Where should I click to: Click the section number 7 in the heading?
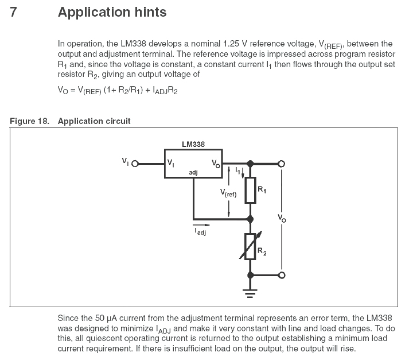(x=13, y=12)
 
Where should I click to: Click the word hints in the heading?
(x=150, y=12)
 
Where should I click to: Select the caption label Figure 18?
(x=29, y=121)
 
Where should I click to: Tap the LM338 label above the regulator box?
(x=193, y=144)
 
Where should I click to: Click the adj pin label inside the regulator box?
(x=193, y=173)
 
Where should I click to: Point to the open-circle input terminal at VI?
(x=135, y=164)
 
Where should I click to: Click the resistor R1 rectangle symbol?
(x=250, y=190)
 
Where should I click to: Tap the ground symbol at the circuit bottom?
(x=250, y=293)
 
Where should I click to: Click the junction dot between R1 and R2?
(x=250, y=219)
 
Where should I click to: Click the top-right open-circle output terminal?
(x=282, y=164)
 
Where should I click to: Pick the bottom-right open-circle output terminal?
(x=282, y=275)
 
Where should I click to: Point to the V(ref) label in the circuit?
(x=228, y=193)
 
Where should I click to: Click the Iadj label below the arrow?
(x=200, y=231)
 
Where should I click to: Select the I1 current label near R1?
(x=237, y=171)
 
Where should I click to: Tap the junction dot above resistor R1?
(x=250, y=164)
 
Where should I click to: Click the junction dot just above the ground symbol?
(x=250, y=275)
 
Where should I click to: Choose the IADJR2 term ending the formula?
(x=165, y=90)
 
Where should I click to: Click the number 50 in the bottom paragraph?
(x=100, y=318)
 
